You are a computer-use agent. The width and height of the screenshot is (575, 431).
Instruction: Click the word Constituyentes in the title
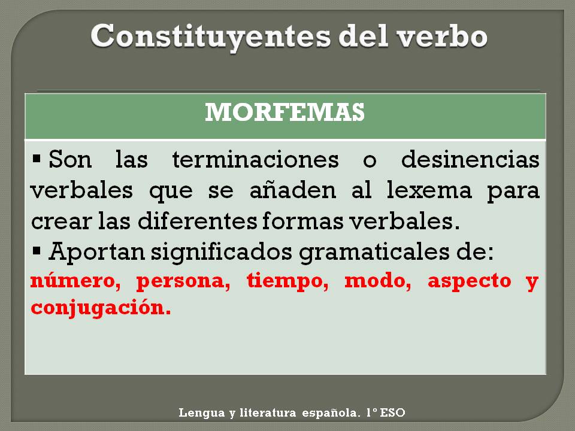(x=210, y=37)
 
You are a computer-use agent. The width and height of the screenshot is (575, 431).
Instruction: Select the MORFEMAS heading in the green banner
(x=285, y=112)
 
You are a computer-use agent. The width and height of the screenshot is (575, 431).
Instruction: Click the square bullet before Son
(x=37, y=159)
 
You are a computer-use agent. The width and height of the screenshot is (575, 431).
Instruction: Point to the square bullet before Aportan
(x=37, y=251)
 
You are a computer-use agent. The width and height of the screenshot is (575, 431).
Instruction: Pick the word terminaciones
(x=256, y=160)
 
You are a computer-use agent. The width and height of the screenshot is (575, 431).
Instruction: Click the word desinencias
(x=471, y=160)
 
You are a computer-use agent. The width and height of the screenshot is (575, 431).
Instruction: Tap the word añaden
(x=293, y=190)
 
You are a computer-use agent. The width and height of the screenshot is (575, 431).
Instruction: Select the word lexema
(x=429, y=190)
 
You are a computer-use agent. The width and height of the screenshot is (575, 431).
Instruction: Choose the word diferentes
(x=197, y=221)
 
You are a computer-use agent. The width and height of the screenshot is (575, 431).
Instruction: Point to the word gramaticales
(x=374, y=253)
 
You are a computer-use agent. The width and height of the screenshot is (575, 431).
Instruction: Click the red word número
(x=75, y=281)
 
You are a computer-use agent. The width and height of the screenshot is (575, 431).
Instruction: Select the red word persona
(x=183, y=282)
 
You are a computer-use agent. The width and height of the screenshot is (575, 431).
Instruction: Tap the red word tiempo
(x=287, y=282)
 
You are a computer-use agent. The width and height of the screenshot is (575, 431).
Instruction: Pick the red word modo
(x=378, y=281)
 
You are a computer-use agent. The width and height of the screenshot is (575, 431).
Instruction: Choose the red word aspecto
(x=470, y=282)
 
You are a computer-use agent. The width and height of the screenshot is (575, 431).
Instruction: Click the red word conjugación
(x=101, y=308)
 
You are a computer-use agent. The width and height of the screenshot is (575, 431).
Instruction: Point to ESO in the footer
(x=392, y=412)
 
